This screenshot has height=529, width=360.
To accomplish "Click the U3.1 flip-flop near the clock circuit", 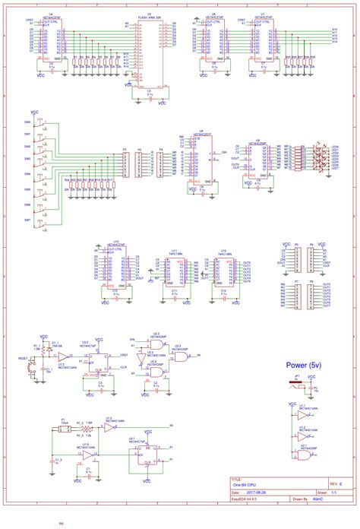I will pos(138,453).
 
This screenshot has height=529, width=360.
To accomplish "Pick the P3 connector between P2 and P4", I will pos(138,164).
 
